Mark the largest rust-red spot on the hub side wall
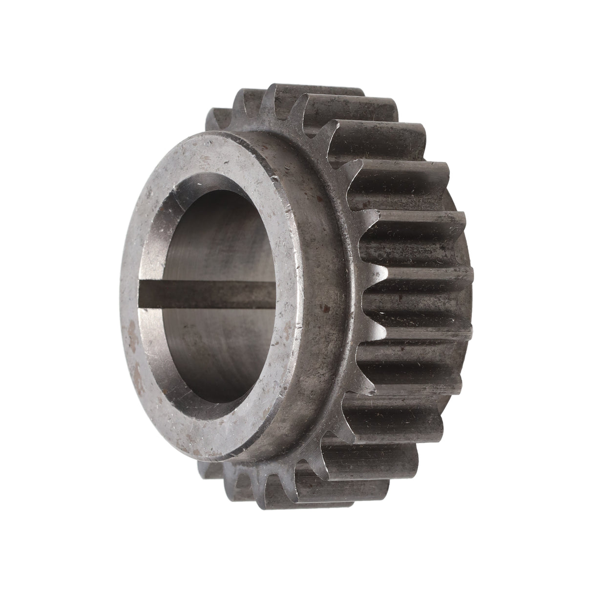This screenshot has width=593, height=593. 322,308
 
